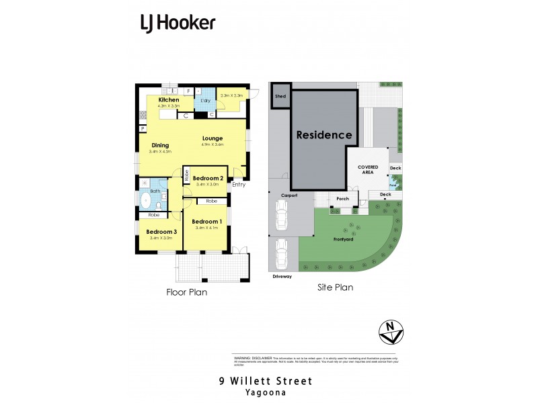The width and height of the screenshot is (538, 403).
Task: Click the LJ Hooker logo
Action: point(178,24)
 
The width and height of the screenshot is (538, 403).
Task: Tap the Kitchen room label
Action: point(169,100)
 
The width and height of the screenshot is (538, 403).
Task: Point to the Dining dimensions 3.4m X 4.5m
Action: point(160,151)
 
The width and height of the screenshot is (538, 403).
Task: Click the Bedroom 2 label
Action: point(208,177)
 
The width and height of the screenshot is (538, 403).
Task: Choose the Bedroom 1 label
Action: point(206,222)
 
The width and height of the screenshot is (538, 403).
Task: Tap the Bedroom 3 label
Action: point(161,232)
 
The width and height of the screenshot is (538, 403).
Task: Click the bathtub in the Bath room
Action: point(146,199)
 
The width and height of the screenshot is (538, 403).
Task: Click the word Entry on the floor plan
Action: point(239,185)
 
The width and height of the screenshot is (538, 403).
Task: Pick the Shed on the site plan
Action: point(279,96)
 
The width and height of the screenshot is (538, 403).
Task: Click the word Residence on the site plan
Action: point(324,135)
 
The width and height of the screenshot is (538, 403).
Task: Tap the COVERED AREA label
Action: point(367,169)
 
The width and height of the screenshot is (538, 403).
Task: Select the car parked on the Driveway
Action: point(282,253)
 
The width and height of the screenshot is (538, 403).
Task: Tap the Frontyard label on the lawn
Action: point(344,239)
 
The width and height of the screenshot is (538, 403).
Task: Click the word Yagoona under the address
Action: point(266,392)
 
